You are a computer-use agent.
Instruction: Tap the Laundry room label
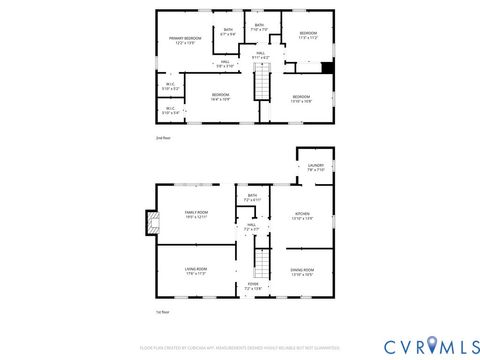(316, 167)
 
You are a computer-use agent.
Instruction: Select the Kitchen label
(301, 215)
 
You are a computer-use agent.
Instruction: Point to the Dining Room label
(301, 271)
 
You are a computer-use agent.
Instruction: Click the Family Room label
(196, 215)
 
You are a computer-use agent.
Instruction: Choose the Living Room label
(196, 271)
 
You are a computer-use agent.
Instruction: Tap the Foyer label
(253, 287)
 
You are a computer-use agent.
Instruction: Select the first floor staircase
(261, 264)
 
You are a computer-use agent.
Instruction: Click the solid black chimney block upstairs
(327, 68)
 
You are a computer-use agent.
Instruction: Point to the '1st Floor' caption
(163, 313)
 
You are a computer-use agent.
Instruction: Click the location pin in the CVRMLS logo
(431, 345)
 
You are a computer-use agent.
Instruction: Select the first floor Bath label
(252, 198)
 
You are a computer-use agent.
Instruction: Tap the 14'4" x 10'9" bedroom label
(220, 97)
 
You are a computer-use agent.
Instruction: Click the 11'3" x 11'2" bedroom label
(307, 36)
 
